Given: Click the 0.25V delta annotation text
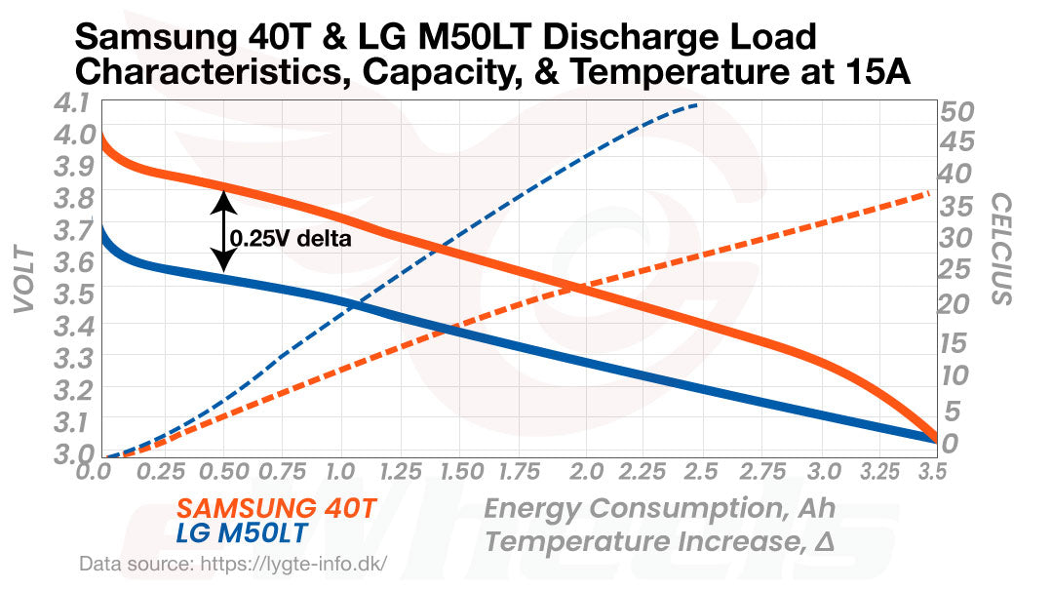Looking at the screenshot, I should click(x=290, y=237).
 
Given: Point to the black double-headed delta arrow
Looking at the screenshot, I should click(x=223, y=231).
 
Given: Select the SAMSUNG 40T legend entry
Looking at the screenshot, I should click(x=276, y=509).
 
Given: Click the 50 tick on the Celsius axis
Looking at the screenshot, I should click(x=957, y=110).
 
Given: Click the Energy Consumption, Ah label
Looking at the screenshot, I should click(x=659, y=509).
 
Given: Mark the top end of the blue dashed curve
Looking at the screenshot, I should click(x=696, y=104).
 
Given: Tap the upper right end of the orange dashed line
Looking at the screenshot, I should click(x=928, y=194).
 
